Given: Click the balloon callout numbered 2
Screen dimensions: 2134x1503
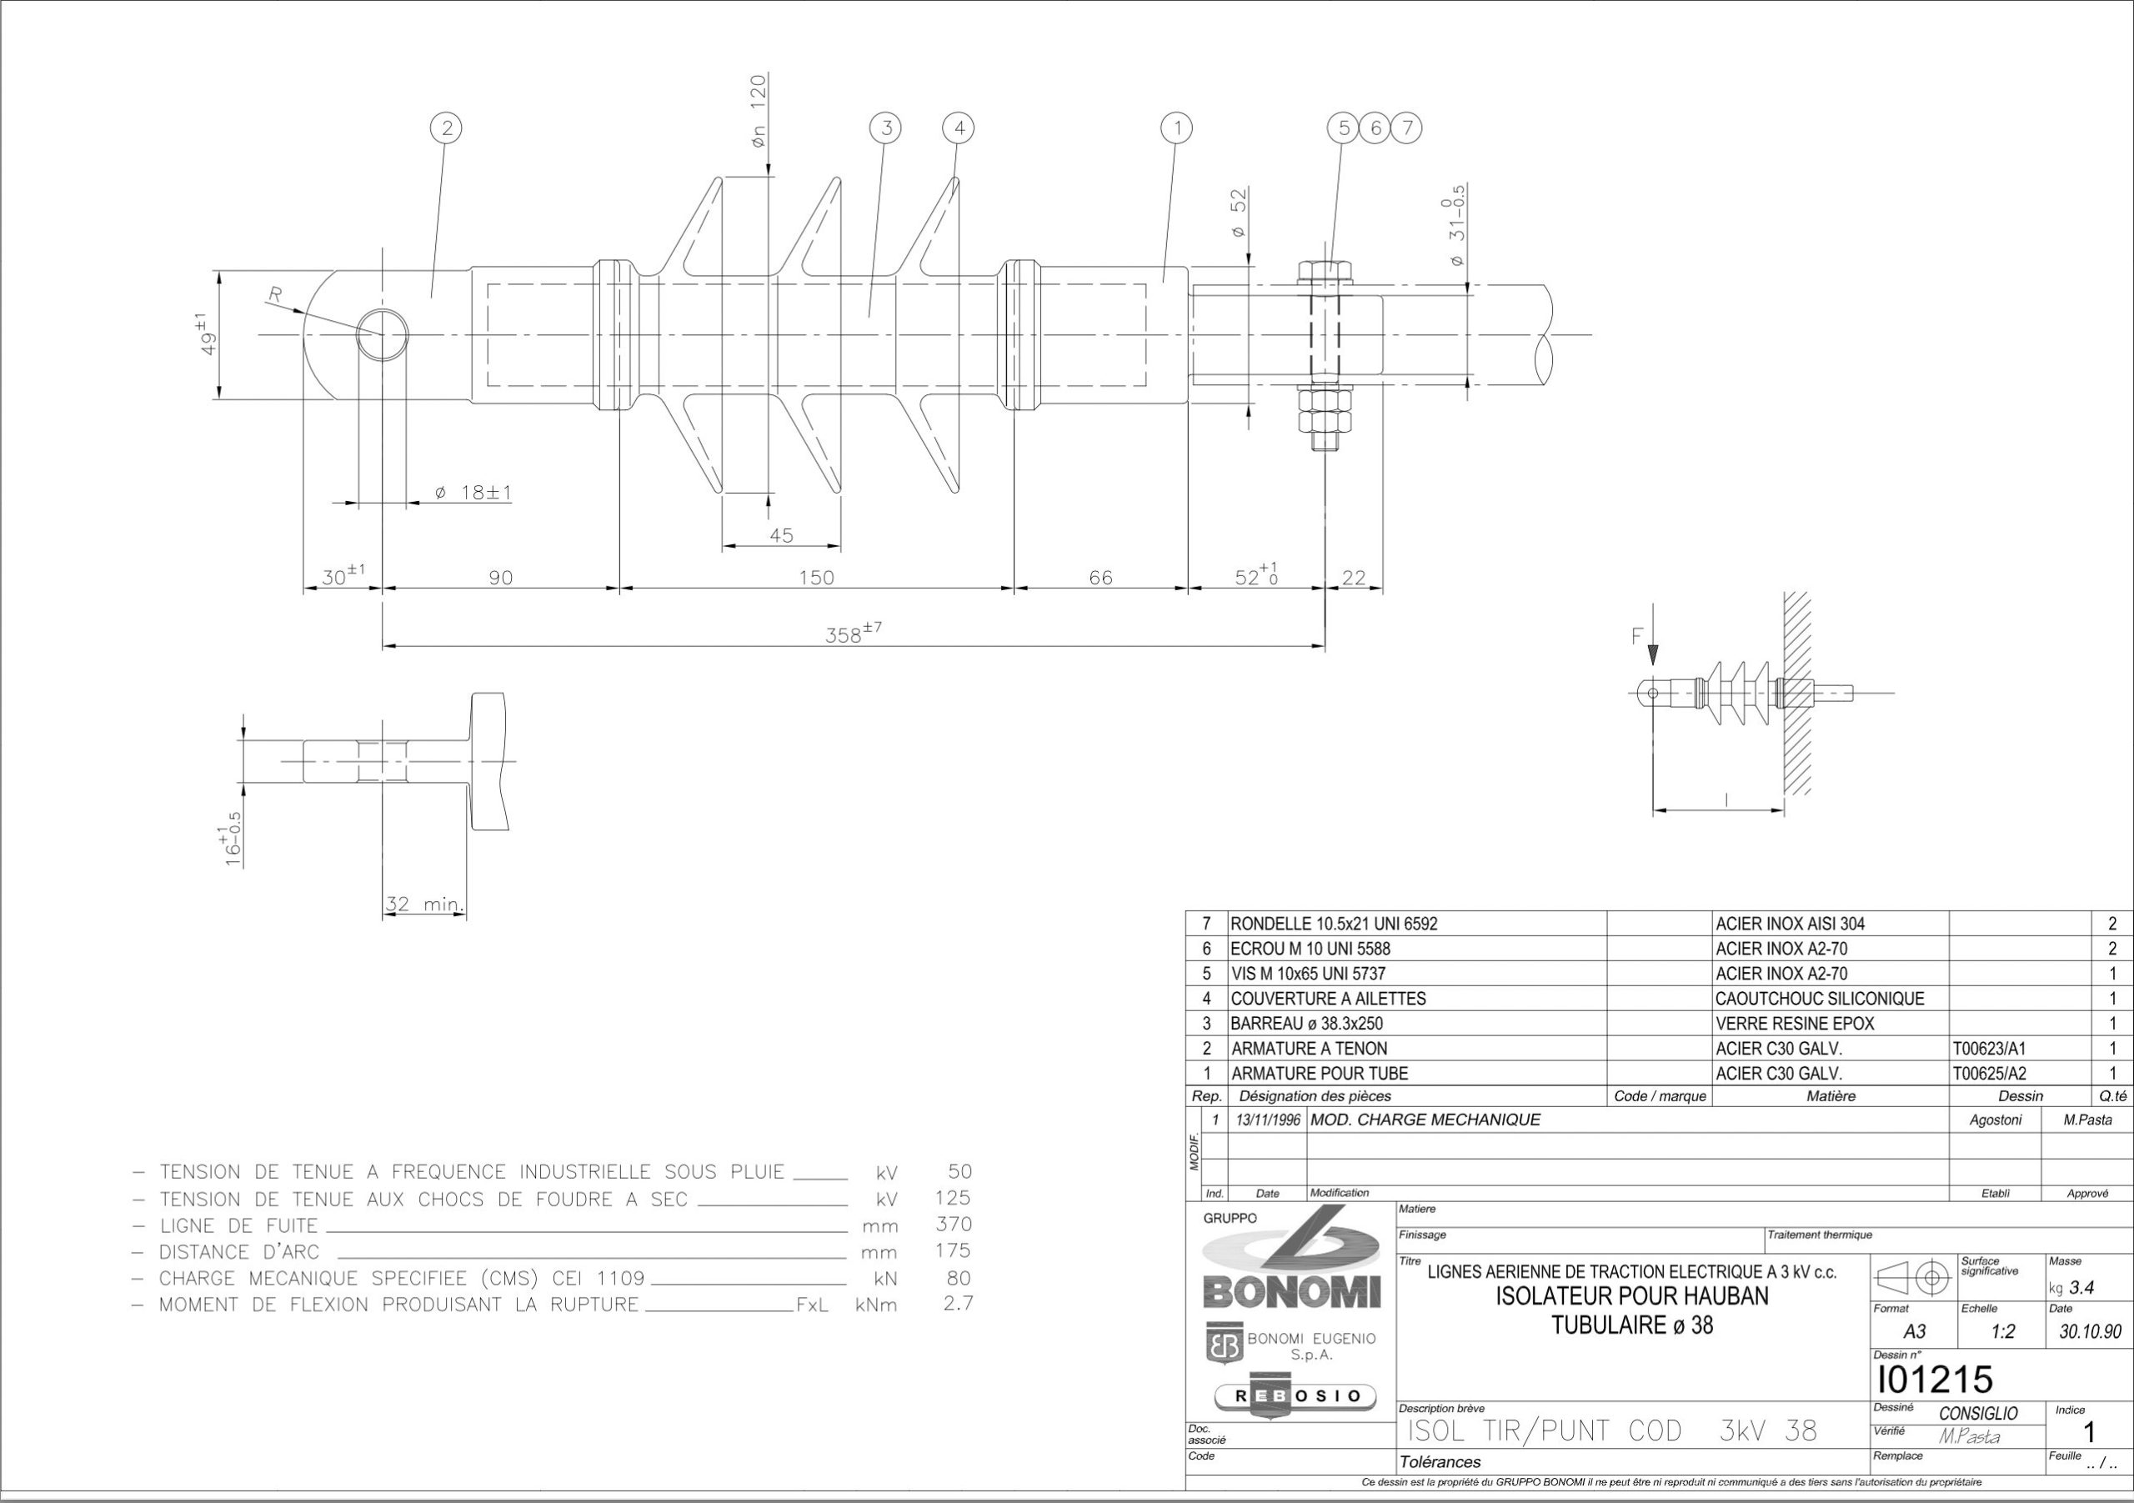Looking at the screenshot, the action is pyautogui.click(x=447, y=128).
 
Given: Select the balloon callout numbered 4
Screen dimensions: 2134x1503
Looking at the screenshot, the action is pyautogui.click(x=959, y=128).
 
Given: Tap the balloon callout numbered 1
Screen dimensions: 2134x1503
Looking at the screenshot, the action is pyautogui.click(x=1178, y=128).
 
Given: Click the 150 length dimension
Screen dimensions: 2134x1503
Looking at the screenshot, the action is pyautogui.click(x=817, y=577).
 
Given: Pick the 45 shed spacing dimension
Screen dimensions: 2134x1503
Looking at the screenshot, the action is pyautogui.click(x=782, y=535).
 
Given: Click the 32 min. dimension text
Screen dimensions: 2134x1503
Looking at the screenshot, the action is pyautogui.click(x=425, y=904).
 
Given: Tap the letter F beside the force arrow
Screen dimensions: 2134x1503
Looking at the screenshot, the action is pyautogui.click(x=1638, y=637).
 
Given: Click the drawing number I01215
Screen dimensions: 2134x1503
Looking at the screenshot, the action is pyautogui.click(x=1934, y=1380).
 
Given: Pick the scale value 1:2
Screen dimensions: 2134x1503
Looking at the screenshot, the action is pyautogui.click(x=2003, y=1332).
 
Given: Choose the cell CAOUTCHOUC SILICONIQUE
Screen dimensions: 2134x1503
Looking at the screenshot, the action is pyautogui.click(x=1820, y=999).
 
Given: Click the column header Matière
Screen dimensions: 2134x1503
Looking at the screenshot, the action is pyautogui.click(x=1831, y=1097).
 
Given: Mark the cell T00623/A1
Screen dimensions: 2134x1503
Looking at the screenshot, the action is pyautogui.click(x=1989, y=1049).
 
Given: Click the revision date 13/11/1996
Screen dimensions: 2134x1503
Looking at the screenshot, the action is pyautogui.click(x=1268, y=1121).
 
